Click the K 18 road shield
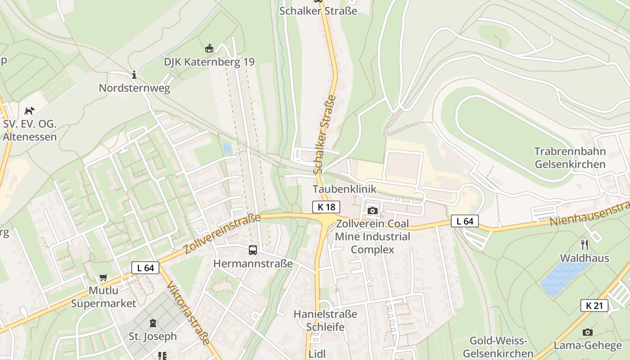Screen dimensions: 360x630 pos(326,207)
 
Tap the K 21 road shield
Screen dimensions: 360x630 pos(594,306)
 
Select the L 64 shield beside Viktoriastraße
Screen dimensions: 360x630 pos(145,268)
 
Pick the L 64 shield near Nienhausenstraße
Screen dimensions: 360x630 pos(465,221)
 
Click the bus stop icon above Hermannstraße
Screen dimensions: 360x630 pos(253,250)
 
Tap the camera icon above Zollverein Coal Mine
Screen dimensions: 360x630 pos(372,211)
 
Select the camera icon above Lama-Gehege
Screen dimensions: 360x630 pos(587,332)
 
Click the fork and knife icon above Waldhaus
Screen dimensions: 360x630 pos(585,244)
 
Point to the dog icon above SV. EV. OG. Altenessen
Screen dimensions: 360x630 pos(29,110)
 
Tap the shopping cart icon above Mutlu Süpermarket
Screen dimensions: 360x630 pos(103,278)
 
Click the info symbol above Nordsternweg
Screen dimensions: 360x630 pos(134,75)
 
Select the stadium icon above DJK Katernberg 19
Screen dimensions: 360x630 pos(209,48)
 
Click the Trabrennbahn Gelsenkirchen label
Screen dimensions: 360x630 pos(570,157)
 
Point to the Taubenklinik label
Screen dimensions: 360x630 pos(344,189)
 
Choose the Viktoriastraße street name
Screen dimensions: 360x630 pos(188,313)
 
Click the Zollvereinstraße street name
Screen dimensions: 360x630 pos(223,234)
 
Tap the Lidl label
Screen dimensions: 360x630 pos(317,354)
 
